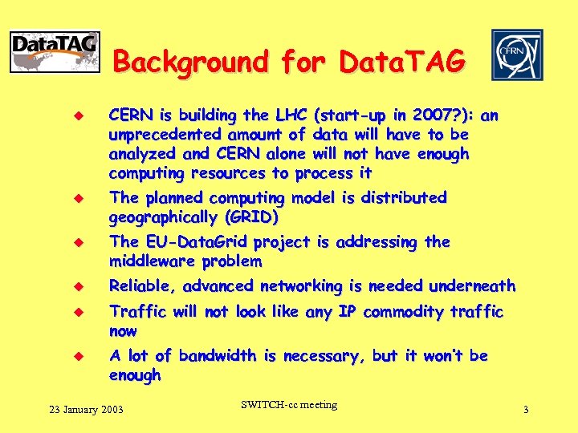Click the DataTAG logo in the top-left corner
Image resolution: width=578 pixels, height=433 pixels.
point(55,52)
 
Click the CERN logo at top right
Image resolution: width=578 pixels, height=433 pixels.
point(517,55)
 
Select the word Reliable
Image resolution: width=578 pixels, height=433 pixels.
point(142,285)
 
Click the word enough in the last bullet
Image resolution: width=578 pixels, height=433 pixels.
point(135,374)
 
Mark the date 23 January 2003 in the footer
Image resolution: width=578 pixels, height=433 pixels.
point(86,410)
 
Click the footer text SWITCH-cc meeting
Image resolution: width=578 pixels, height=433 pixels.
point(289,405)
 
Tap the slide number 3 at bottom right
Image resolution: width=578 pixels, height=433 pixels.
point(526,410)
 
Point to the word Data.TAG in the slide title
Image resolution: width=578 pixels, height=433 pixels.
point(401,62)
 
